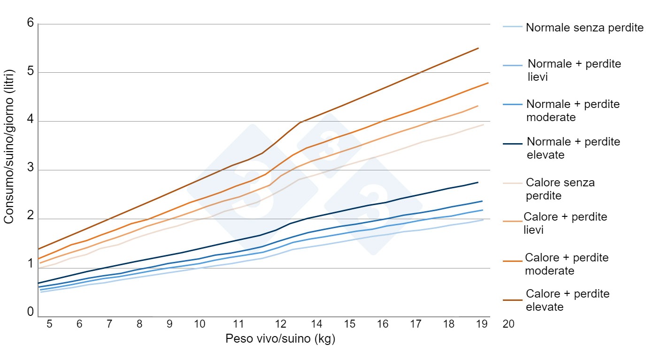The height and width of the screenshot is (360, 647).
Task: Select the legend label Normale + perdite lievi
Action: (574, 70)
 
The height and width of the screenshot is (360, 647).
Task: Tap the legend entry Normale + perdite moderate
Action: (573, 110)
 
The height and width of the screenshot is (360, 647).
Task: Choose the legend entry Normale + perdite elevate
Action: (573, 148)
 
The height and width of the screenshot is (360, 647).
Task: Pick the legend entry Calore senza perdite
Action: (560, 188)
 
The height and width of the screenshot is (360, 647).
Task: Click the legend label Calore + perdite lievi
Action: (565, 223)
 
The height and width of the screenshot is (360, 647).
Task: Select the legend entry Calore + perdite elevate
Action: (567, 300)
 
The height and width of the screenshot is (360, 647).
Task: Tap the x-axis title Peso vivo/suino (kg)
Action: (280, 339)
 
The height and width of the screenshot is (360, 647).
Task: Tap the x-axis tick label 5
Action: (49, 324)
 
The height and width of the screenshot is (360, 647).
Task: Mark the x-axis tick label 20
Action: (508, 324)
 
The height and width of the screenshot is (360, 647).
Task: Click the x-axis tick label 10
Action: (200, 324)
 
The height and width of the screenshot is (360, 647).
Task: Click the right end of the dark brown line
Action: (478, 48)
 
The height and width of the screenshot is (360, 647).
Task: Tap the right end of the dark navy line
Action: (478, 182)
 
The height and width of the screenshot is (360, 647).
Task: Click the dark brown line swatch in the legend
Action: (512, 299)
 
